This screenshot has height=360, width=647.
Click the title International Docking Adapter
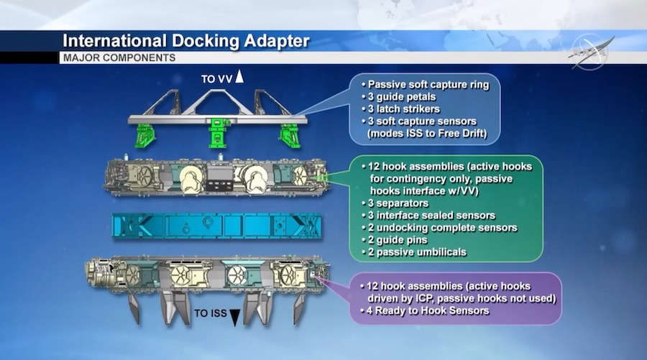[x=185, y=41]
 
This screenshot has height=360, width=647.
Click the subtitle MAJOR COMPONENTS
[x=119, y=57]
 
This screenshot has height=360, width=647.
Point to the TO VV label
[x=216, y=78]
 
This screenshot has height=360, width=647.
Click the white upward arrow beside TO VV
[x=239, y=77]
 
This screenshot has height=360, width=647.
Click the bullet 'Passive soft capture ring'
[x=428, y=85]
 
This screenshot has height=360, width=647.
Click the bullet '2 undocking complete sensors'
[x=439, y=228]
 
